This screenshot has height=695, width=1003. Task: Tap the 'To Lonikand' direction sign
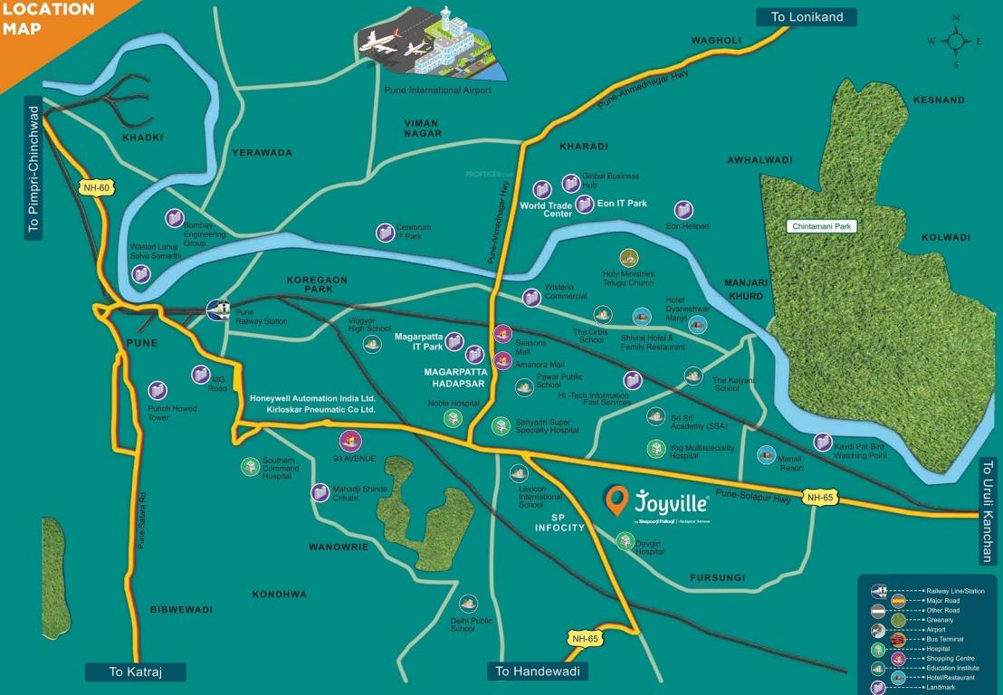coord(806,16)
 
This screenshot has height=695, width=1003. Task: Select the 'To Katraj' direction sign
coord(135,671)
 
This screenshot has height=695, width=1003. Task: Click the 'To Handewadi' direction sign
coord(538,671)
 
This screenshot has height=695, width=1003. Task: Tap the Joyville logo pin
coord(616,499)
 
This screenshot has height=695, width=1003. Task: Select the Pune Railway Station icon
coord(218,309)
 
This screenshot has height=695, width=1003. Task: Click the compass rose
coord(955,41)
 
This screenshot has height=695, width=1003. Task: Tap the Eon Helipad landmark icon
coord(683,210)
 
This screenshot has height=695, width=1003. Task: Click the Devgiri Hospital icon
coord(625,540)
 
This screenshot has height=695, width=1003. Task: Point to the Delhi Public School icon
coord(468,603)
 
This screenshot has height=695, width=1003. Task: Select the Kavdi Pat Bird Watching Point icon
coord(822,442)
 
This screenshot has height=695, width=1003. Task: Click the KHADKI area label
coord(142,138)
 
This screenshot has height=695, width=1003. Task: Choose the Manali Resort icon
coord(766,454)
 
